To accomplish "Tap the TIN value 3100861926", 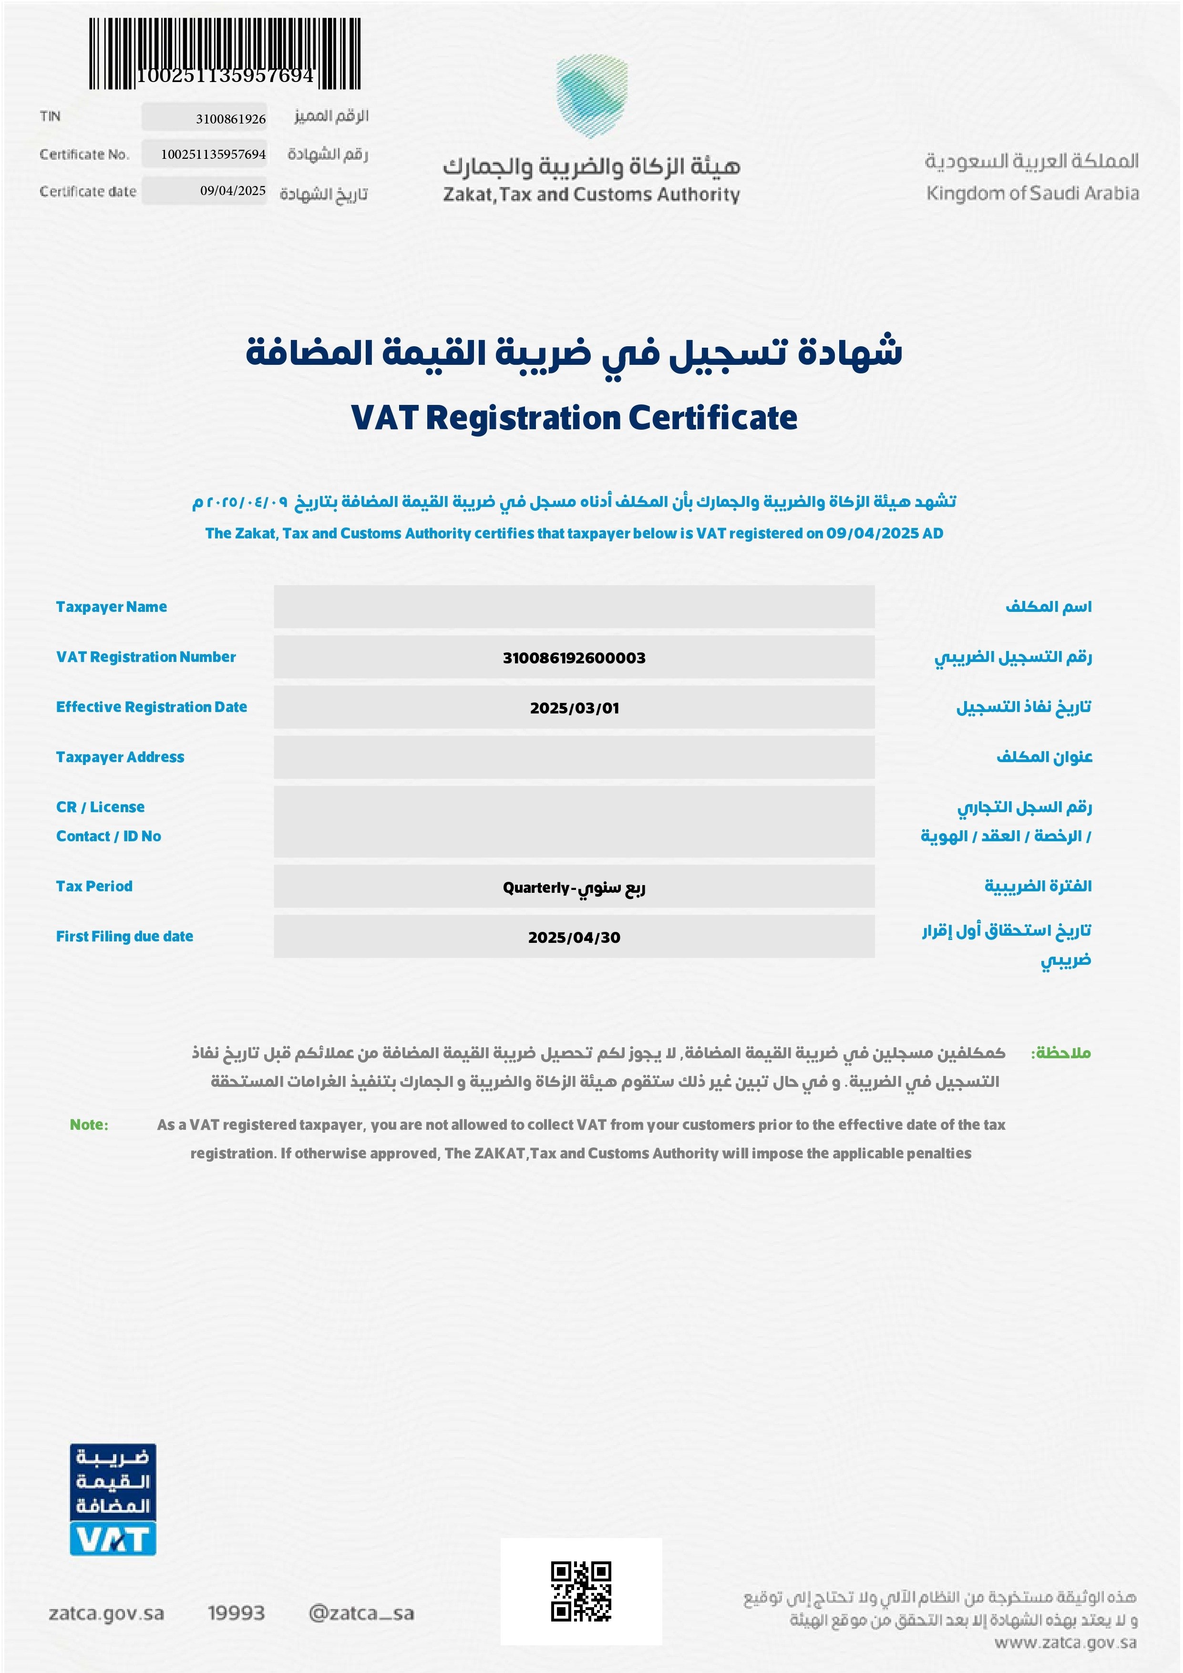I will point(230,119).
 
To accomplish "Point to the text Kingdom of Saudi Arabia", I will point(1032,193).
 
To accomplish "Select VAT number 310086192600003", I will point(574,658).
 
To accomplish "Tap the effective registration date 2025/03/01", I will point(574,708).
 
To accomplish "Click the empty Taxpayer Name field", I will point(574,606).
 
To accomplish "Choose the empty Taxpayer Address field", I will point(574,757).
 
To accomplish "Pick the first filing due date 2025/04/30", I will point(574,938).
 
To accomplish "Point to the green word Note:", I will point(89,1125).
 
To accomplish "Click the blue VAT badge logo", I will point(113,1499).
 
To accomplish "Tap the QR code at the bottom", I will point(581,1591).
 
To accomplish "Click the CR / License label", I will point(101,806).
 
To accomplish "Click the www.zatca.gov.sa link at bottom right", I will point(1065,1642).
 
